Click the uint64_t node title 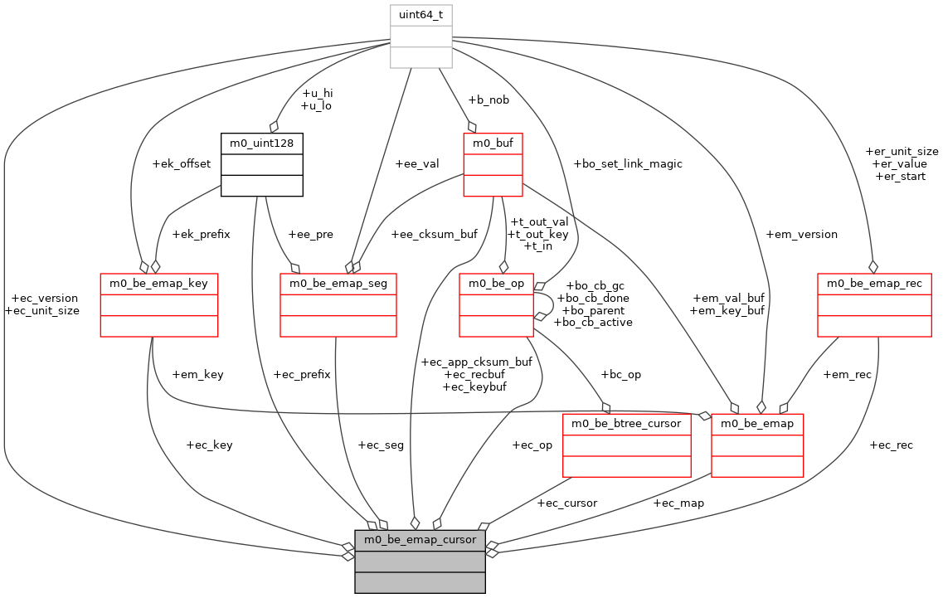coord(421,15)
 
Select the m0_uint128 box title coord(261,143)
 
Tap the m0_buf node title coord(493,143)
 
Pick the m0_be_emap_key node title coord(158,284)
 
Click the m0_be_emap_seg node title coord(338,284)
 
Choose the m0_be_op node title coord(496,284)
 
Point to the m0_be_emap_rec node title coord(874,284)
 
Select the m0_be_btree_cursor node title coord(626,424)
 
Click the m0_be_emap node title coord(757,424)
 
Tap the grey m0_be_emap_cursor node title coord(420,540)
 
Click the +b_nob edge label coord(489,100)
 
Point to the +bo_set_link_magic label coord(628,163)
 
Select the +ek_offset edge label coord(182,163)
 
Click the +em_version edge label coord(802,235)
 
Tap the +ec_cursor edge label coord(566,503)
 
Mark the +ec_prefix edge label coord(302,374)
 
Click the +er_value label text coord(901,164)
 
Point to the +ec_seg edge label coord(381,445)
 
